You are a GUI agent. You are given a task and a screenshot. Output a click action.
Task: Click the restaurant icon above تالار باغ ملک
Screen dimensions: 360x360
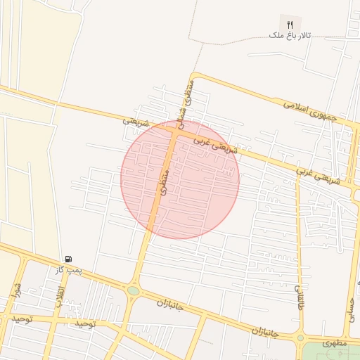(290, 23)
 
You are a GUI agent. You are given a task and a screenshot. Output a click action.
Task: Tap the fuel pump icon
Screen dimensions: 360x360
(68, 259)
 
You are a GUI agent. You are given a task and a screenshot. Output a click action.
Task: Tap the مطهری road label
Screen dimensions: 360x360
(335, 344)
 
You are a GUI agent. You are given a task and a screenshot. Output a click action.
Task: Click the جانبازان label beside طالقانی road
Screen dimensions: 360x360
(266, 330)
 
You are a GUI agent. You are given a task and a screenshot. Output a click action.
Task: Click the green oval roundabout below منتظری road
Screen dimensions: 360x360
(133, 290)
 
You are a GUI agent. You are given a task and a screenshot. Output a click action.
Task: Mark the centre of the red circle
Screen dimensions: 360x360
(180, 180)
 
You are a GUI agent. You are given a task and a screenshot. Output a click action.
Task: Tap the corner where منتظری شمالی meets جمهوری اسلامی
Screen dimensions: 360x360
(191, 75)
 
